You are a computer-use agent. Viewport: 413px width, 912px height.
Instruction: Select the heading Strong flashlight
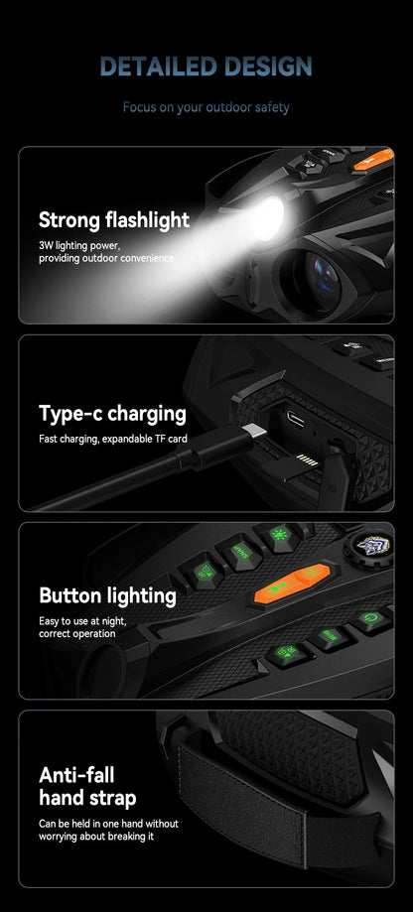tap(114, 220)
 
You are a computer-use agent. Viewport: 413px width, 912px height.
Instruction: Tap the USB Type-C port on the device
tap(296, 418)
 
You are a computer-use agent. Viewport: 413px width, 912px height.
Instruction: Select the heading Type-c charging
tap(113, 414)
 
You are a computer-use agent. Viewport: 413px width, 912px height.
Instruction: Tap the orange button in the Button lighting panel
tap(293, 583)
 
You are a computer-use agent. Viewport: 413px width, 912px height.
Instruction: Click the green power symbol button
tap(368, 617)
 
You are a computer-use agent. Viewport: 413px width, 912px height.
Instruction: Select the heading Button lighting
tap(107, 596)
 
